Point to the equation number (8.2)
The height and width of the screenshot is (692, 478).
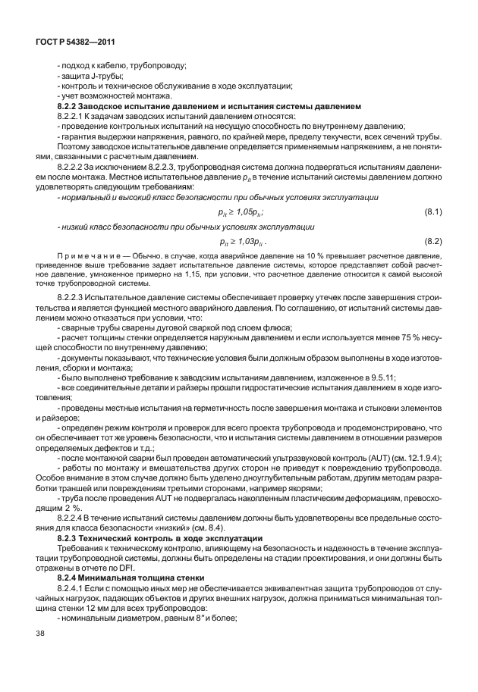(x=432, y=241)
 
